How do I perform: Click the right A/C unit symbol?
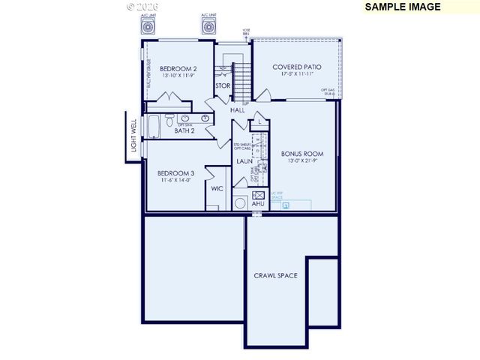(209, 27)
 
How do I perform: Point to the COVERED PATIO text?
(297, 67)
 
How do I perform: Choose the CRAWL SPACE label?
(275, 275)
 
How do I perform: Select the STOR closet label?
(223, 85)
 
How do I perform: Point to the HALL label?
(238, 109)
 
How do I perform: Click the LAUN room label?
(244, 160)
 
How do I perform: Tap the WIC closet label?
(217, 188)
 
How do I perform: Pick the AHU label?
(259, 203)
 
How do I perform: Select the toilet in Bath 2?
(170, 121)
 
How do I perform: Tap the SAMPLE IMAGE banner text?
(402, 7)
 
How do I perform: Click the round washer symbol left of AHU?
(241, 202)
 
